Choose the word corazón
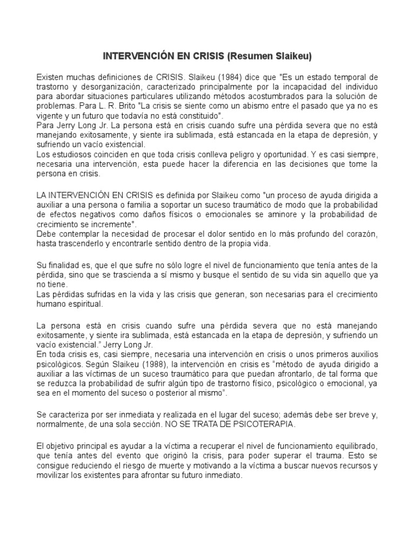(360, 234)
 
